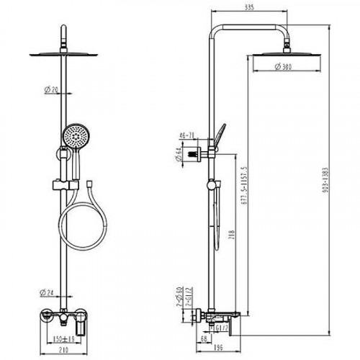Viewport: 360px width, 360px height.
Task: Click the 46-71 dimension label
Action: [x=186, y=135]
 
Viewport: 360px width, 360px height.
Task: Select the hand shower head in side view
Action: [x=219, y=134]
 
